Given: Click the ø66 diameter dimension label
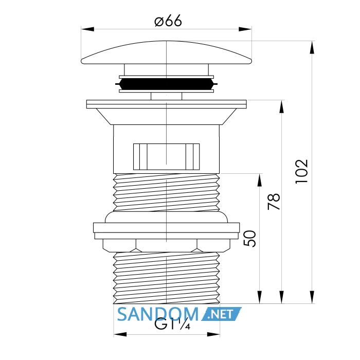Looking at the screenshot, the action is tap(168, 21).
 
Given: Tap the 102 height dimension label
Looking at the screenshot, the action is tap(301, 171).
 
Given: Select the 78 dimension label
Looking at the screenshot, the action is tap(274, 202).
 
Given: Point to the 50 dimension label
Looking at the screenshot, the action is tap(249, 239).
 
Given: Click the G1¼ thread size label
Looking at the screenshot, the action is tap(172, 324).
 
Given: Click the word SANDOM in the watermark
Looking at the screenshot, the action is tap(158, 314).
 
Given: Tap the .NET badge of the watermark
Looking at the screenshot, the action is tap(221, 314).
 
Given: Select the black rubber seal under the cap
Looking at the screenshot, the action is tap(167, 84).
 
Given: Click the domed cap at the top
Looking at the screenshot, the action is tap(167, 52).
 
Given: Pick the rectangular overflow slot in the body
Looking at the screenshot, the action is tap(167, 157).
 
